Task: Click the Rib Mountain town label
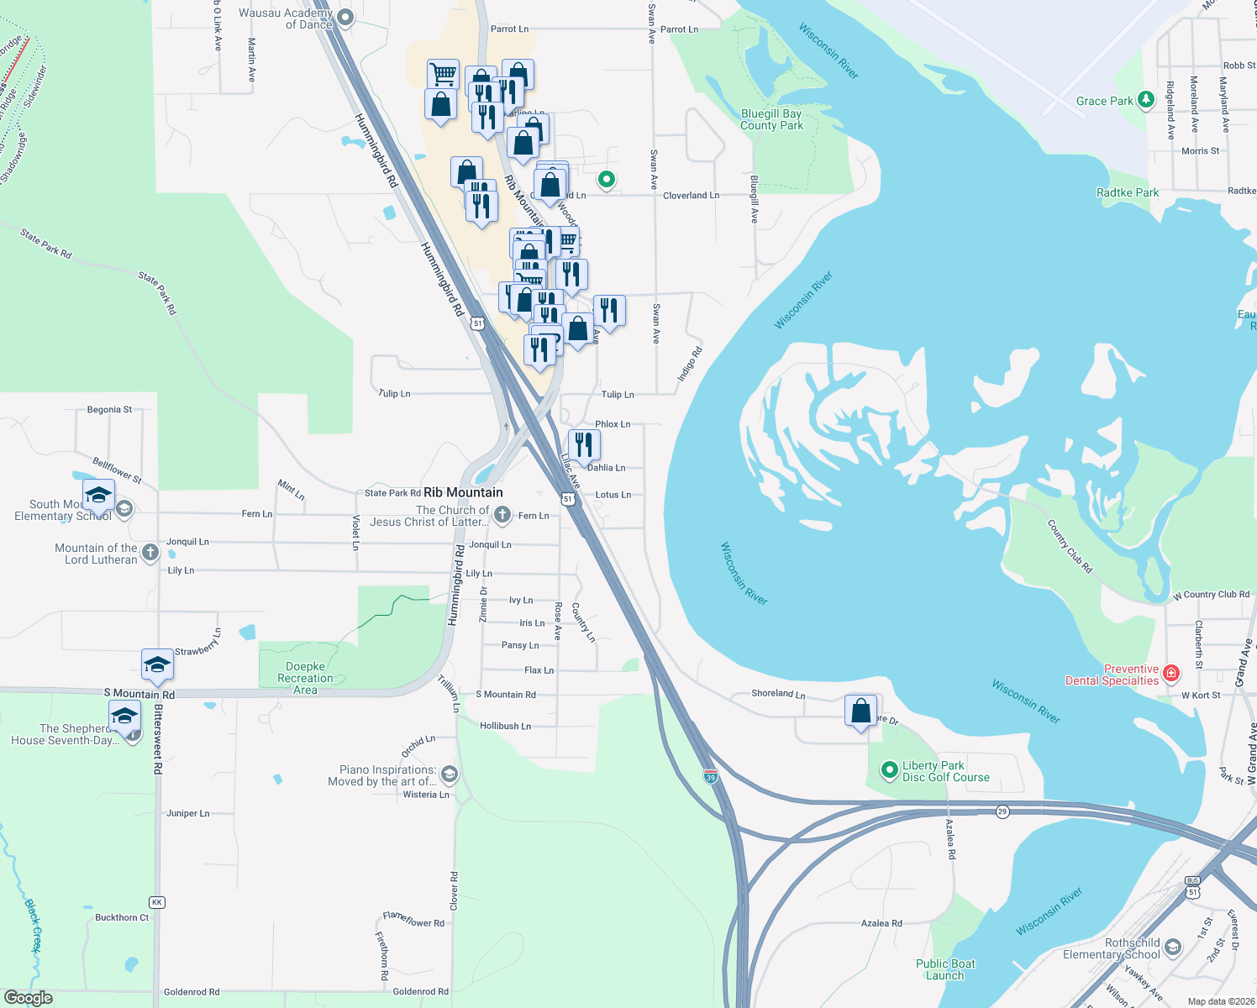pyautogui.click(x=463, y=492)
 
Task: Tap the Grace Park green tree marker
pyautogui.click(x=1145, y=101)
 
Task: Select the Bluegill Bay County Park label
pyautogui.click(x=771, y=119)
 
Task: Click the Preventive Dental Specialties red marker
pyautogui.click(x=1171, y=673)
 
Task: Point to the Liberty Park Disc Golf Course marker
pyautogui.click(x=889, y=770)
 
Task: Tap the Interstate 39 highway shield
pyautogui.click(x=711, y=776)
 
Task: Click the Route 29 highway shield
pyautogui.click(x=1002, y=811)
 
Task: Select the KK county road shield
pyautogui.click(x=156, y=902)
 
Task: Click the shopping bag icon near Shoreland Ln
pyautogui.click(x=860, y=712)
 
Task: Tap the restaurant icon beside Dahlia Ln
pyautogui.click(x=584, y=445)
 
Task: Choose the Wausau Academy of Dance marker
pyautogui.click(x=344, y=18)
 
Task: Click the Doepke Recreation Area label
pyautogui.click(x=305, y=678)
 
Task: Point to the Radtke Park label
pyautogui.click(x=1128, y=192)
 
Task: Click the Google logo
pyautogui.click(x=29, y=998)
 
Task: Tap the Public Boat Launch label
pyautogui.click(x=945, y=969)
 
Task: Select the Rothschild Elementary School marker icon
pyautogui.click(x=1173, y=948)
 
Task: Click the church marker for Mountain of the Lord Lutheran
pyautogui.click(x=150, y=552)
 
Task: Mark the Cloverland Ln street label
pyautogui.click(x=691, y=196)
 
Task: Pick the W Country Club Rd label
pyautogui.click(x=1211, y=595)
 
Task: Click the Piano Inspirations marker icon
pyautogui.click(x=449, y=774)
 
